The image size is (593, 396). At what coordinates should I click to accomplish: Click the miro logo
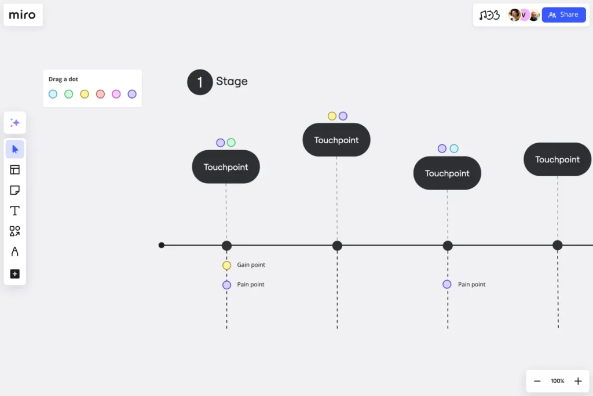point(23,15)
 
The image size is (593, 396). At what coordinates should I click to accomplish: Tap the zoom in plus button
point(577,381)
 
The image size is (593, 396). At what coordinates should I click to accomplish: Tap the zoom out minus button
point(537,381)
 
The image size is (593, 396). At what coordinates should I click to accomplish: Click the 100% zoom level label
point(557,381)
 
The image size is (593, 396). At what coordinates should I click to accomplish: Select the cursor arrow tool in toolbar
point(15,149)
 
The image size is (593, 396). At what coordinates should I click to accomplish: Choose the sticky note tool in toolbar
point(15,190)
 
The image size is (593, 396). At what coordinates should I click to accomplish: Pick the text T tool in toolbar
point(15,210)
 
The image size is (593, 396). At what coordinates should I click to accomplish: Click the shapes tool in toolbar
point(15,231)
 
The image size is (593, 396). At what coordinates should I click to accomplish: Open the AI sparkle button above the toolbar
point(15,123)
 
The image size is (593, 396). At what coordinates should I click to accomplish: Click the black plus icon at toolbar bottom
point(15,274)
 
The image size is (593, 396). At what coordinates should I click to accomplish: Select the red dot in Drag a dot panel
point(100,94)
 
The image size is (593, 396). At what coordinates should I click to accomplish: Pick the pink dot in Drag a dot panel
point(116,94)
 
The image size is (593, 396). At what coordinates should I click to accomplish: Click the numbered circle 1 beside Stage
point(200,82)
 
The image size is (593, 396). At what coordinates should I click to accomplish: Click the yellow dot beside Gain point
point(226,266)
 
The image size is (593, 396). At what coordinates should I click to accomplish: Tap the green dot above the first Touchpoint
point(231,143)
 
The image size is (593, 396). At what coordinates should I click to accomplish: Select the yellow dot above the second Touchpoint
point(332,116)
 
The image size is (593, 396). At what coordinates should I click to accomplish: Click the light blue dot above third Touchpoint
point(454,148)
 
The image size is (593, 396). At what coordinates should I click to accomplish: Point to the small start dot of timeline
point(162,245)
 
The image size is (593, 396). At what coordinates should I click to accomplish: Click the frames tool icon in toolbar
point(15,170)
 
